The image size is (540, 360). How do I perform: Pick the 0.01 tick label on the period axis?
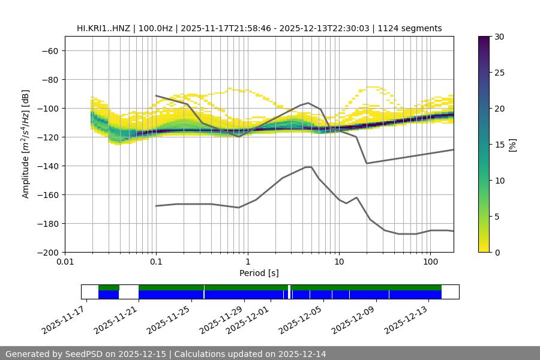[x=65, y=262]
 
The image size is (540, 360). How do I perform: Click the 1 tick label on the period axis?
[x=248, y=262]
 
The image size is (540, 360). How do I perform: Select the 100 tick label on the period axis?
[x=430, y=262]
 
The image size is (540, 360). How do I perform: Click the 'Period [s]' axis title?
[x=259, y=273]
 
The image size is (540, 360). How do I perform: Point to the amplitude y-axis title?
[x=26, y=144]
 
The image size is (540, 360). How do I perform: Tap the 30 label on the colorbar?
[x=499, y=37]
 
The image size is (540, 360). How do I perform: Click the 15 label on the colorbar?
[x=499, y=145]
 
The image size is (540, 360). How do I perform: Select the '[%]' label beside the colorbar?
[x=513, y=145]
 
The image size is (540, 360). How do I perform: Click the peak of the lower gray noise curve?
[x=308, y=167]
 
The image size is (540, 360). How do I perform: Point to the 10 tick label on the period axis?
[x=339, y=262]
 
